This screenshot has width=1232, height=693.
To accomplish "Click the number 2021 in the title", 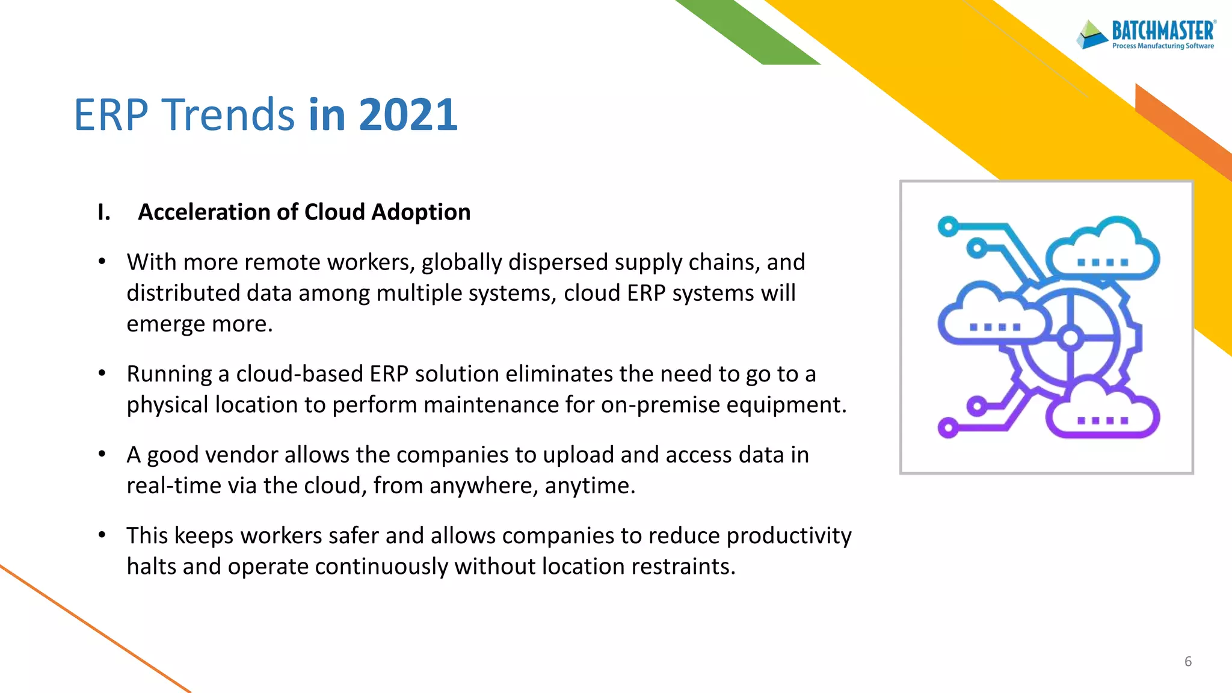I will coord(408,114).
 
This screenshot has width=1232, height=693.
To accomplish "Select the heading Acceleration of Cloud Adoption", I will coord(304,212).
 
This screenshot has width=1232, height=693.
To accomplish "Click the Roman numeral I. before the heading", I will coord(104,212).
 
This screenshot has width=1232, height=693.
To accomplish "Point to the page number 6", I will coord(1187,662).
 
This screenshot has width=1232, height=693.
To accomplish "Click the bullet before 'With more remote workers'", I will coord(102,262).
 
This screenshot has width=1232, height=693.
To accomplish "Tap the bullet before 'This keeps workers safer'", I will coord(102,535).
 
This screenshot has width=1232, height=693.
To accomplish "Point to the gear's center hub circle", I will coord(1070,338).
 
